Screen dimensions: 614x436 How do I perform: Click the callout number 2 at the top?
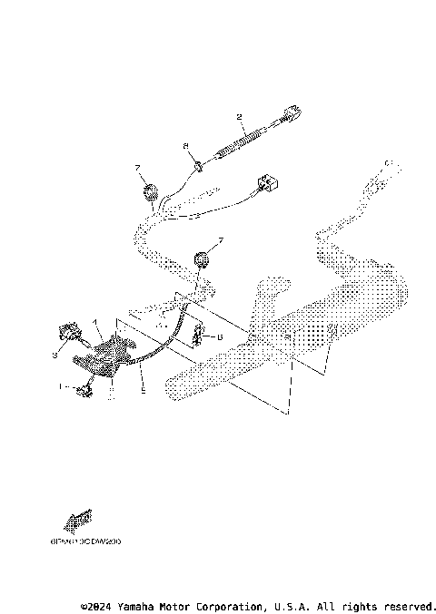coord(240,117)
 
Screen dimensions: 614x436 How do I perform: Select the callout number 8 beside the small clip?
coord(184,146)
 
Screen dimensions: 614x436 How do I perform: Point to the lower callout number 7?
coord(220,242)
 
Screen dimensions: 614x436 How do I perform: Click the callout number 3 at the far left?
coord(54,356)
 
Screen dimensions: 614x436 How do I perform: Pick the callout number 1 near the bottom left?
coord(62,386)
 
